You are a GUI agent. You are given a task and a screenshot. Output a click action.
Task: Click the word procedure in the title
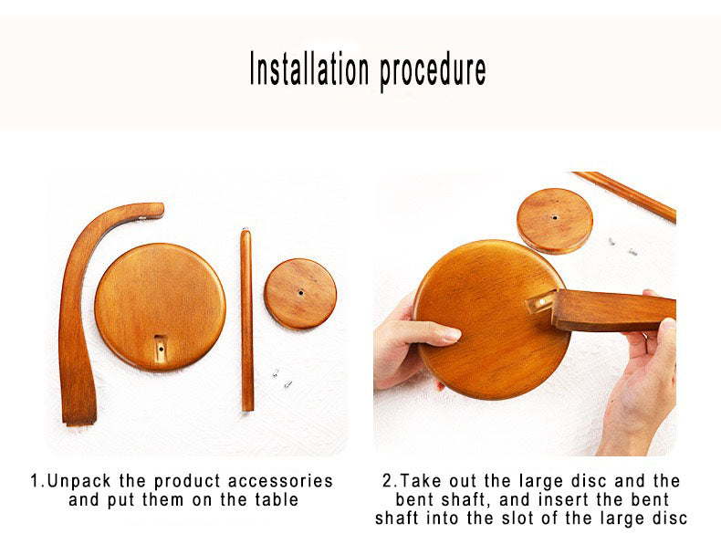pos(433,71)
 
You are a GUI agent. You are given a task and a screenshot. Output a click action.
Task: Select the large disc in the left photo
pos(160,307)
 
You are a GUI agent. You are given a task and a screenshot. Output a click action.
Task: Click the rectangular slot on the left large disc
pos(160,348)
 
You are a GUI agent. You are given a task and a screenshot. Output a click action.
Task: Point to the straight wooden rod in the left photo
pos(247,320)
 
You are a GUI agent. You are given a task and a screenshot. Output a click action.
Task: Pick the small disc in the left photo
pos(300,293)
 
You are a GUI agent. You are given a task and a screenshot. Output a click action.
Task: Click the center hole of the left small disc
pos(301,292)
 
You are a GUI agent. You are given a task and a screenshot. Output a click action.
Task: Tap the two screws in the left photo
pos(282,377)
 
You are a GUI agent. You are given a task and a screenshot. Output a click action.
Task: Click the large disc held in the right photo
pos(492,319)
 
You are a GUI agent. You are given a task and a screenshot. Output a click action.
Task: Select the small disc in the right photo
pos(555,221)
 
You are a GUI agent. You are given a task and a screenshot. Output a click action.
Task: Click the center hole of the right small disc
pos(555,217)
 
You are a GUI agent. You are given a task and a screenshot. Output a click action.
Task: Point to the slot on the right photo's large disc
pos(540,302)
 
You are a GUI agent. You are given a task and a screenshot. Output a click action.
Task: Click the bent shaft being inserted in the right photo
pos(614,310)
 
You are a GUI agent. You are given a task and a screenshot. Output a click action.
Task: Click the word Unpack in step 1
pos(78,481)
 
